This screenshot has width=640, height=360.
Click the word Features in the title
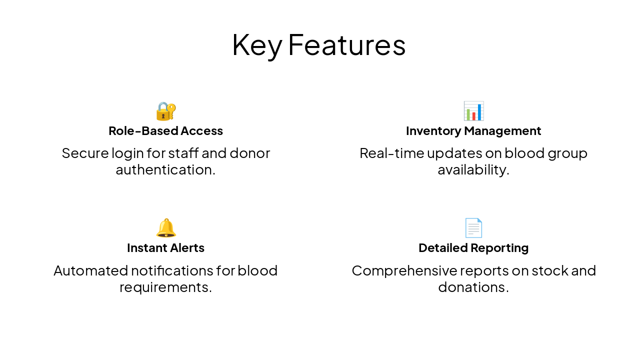346,45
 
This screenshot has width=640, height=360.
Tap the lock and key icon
165,111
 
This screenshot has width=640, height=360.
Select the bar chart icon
473,111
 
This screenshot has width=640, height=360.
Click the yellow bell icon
165,228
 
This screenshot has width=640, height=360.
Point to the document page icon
473,228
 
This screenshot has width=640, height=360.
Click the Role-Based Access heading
165,131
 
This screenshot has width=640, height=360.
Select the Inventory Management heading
473,131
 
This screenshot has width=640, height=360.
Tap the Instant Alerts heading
165,248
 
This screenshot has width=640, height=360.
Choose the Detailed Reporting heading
473,248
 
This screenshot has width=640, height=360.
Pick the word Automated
90,270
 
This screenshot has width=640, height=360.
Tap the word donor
249,153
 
